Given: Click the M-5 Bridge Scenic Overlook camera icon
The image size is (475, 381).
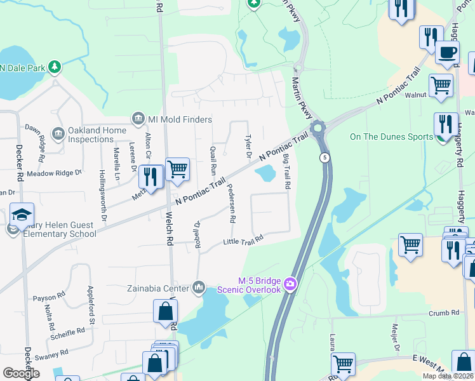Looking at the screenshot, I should click(290, 284).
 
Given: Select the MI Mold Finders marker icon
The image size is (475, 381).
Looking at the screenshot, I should click(137, 118).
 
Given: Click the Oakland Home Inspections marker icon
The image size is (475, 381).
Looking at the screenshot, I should click(58, 133).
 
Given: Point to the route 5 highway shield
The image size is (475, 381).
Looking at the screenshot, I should click(325, 157).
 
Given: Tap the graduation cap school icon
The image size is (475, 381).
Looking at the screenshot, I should click(22, 214).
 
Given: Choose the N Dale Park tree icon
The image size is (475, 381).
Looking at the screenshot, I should click(55, 66).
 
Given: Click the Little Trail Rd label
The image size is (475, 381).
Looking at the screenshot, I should click(243, 240).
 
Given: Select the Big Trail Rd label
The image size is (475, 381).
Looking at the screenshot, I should click(287, 172).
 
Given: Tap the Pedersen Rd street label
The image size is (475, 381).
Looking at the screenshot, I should click(231, 203).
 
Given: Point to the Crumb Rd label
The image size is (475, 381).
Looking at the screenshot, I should click(443, 313).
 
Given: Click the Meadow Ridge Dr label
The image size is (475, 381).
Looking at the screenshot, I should click(55, 172).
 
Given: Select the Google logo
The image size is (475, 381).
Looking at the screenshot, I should click(21, 373).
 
